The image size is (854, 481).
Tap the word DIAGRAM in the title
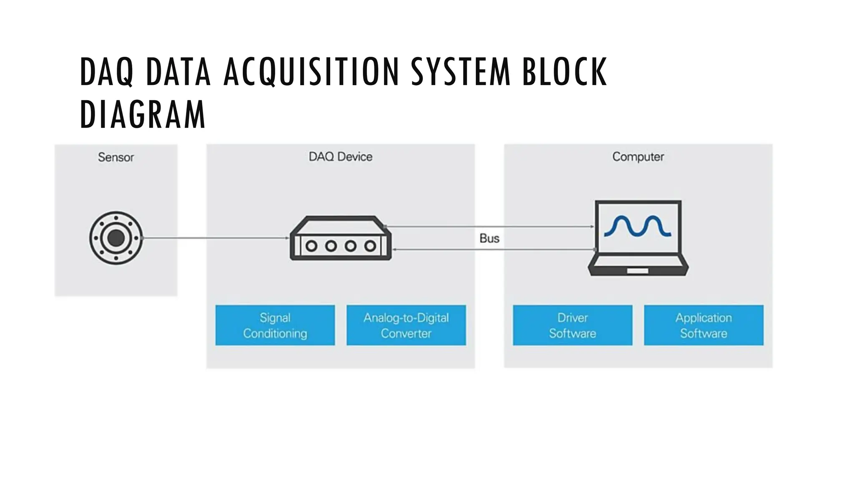pos(143,114)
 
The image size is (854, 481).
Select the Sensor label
pos(116,157)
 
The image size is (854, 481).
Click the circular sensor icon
pos(116,238)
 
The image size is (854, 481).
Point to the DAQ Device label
pos(340,157)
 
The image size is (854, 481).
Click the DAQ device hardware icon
pos(340,238)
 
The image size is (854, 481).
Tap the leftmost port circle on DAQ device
pos(311,246)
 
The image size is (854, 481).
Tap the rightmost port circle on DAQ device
pos(370,246)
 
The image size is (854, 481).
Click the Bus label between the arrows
pos(489,238)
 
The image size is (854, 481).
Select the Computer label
pos(638,157)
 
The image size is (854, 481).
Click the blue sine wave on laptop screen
pos(638,227)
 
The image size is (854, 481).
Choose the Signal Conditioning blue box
pos(275,325)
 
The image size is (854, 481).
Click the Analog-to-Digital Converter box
pos(406,325)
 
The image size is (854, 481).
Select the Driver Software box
pos(573,325)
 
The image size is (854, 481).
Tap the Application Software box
pos(703,325)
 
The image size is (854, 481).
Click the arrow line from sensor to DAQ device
pos(215,238)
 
